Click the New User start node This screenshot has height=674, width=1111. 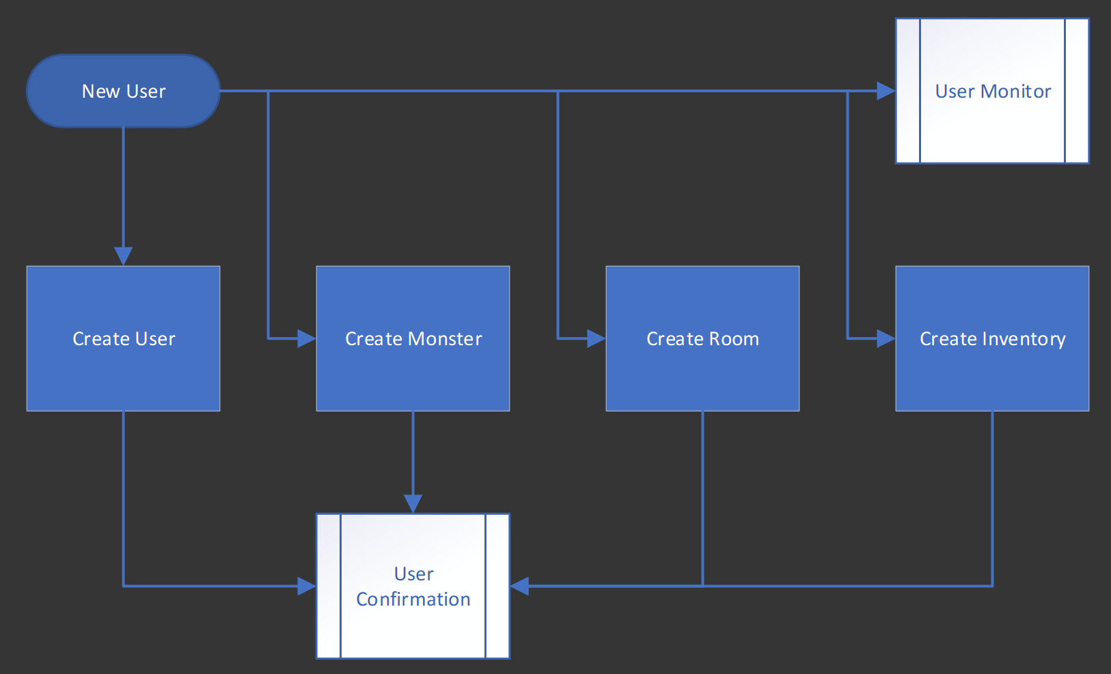point(123,91)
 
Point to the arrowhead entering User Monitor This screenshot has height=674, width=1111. point(886,91)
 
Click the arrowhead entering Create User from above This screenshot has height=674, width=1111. point(123,256)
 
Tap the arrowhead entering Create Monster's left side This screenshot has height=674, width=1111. point(306,338)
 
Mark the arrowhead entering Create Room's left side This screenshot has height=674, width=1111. point(596,338)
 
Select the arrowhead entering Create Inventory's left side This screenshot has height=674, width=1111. point(886,338)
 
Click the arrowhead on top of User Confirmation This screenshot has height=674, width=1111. point(413,503)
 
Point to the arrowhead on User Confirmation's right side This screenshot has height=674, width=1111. point(520,586)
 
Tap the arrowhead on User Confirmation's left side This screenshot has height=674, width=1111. point(306,586)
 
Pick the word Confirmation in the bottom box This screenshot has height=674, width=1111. point(413,599)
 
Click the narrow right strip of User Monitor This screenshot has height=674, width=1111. point(1076,91)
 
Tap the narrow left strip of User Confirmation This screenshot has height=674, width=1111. point(329,586)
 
